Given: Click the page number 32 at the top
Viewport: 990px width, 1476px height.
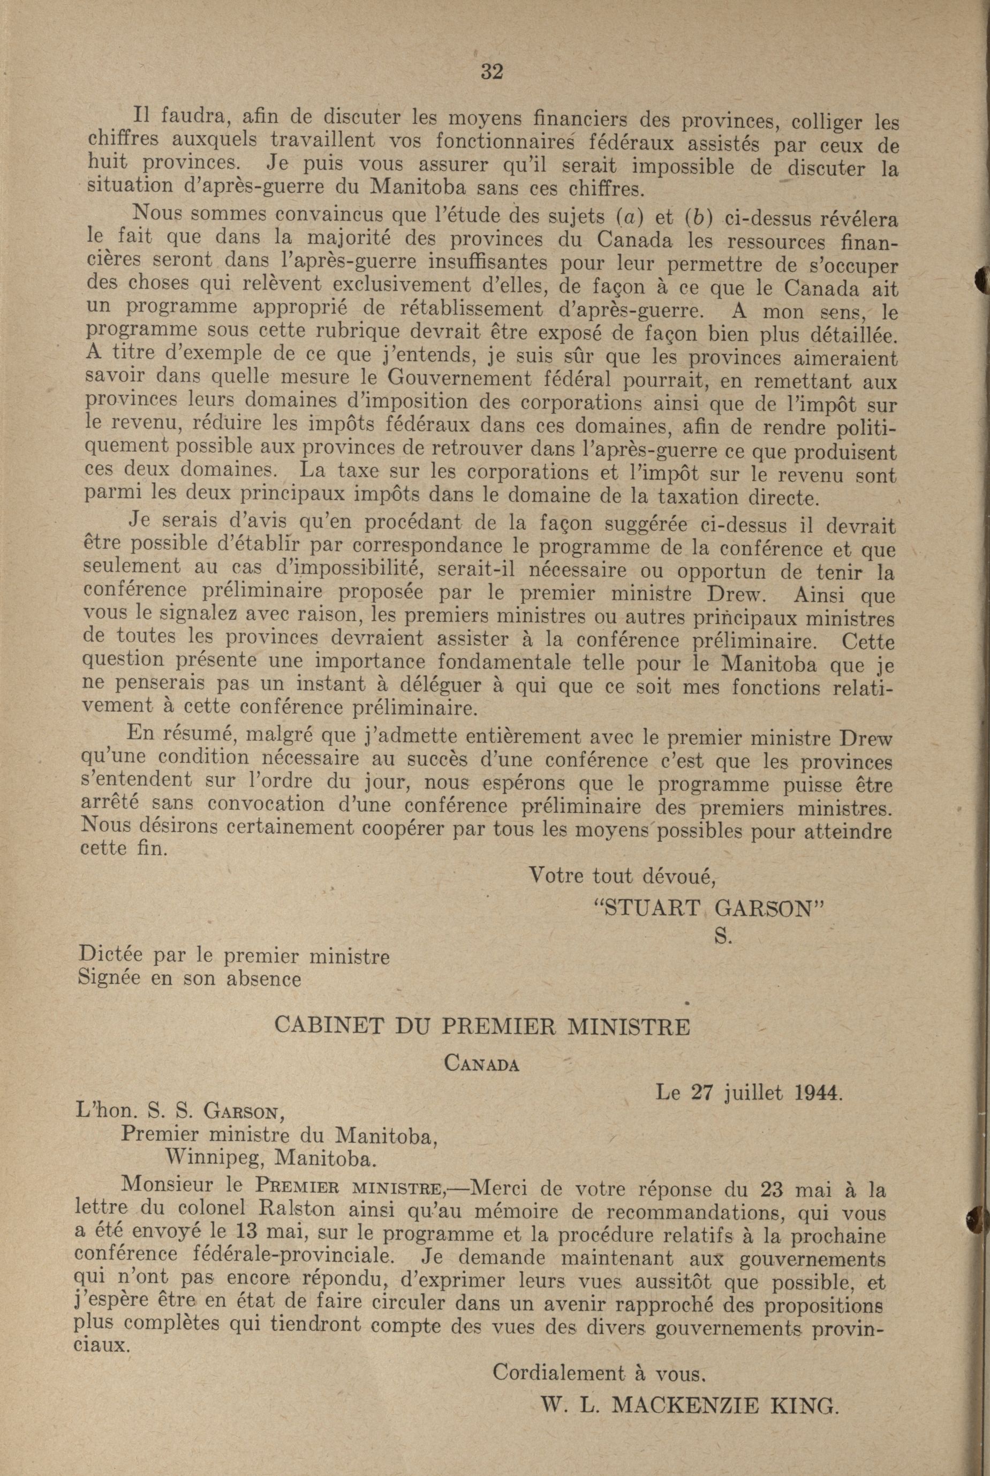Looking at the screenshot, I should tap(492, 72).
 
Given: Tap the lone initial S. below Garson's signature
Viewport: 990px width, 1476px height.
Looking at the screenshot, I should tap(722, 938).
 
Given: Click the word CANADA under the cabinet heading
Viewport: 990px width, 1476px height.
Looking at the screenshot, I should tap(482, 1064).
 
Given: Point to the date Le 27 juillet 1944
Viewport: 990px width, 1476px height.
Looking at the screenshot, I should tap(750, 1093).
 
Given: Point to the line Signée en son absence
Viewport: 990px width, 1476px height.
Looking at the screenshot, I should tap(189, 979).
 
